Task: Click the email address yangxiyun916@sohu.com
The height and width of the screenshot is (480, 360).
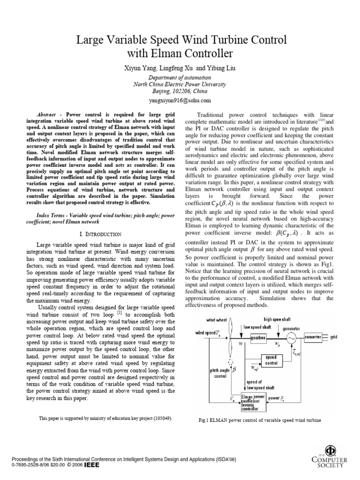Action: pos(180,100)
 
